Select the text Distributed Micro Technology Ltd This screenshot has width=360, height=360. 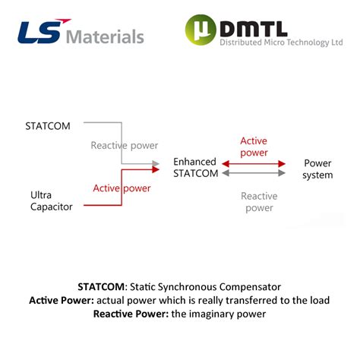[281, 43]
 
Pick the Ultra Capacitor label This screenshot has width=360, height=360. [52, 201]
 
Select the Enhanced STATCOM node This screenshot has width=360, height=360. [195, 168]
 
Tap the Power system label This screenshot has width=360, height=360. [317, 169]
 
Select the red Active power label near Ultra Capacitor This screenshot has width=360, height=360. [122, 188]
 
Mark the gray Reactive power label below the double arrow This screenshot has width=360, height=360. [259, 201]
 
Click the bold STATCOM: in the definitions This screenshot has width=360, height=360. [103, 287]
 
